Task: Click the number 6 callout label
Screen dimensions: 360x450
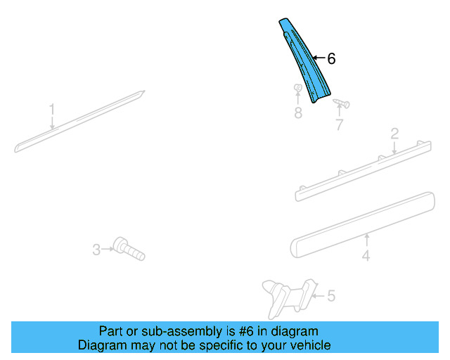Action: click(331, 59)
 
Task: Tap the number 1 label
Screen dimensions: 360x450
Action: click(51, 109)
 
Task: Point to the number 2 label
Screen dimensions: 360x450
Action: click(394, 133)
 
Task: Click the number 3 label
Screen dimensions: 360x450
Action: click(96, 248)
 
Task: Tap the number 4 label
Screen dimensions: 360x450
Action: click(366, 256)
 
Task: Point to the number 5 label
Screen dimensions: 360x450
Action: click(331, 296)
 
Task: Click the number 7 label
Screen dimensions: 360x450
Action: click(339, 126)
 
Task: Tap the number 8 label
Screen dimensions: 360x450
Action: click(298, 112)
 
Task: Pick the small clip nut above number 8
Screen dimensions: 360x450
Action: click(297, 89)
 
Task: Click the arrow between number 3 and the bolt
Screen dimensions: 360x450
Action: click(108, 248)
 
